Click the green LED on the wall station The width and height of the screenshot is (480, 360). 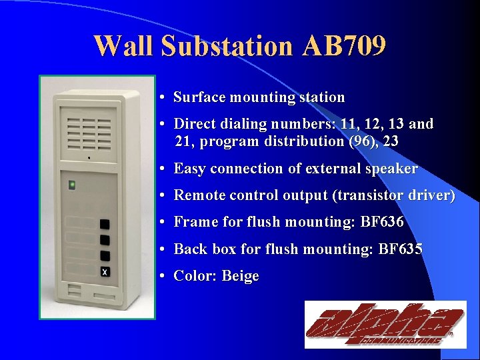click(72, 185)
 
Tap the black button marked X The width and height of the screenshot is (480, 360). click(105, 271)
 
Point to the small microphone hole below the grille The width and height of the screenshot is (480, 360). click(89, 158)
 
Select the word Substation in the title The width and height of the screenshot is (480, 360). click(227, 46)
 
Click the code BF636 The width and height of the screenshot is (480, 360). click(382, 222)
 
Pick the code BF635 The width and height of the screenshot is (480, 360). click(400, 249)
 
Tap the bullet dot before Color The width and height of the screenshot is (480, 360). click(163, 276)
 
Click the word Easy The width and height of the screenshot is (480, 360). click(189, 169)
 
